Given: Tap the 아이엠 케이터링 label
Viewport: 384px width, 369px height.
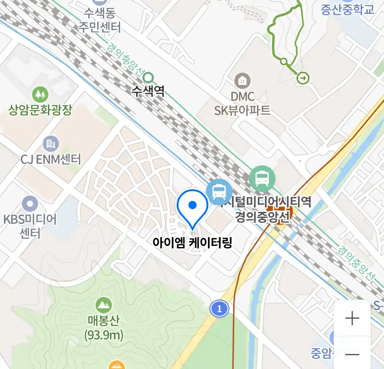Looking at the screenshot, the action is (x=192, y=243).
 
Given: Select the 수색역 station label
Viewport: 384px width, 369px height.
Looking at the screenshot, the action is (x=148, y=91).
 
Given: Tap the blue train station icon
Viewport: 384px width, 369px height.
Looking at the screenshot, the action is (x=219, y=192).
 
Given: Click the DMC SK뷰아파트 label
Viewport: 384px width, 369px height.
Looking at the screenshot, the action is (x=242, y=104).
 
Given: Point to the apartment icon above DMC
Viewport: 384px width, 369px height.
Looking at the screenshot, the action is (x=242, y=81).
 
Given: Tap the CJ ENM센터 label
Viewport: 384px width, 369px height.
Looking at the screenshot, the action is (x=51, y=159).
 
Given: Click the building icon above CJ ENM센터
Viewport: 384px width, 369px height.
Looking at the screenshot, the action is (x=51, y=144).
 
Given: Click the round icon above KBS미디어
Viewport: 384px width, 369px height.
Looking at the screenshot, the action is (x=30, y=204).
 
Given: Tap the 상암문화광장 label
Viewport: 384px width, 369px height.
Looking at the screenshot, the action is (x=40, y=110).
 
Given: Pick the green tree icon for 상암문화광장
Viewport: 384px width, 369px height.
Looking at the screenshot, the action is (x=40, y=94).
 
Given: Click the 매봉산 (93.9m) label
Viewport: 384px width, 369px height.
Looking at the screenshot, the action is (x=103, y=328).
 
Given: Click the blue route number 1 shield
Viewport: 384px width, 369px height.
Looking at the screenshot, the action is (x=219, y=309).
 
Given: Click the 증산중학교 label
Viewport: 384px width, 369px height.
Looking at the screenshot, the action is (x=347, y=9).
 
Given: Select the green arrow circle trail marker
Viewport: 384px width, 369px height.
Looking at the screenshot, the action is (x=303, y=78).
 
